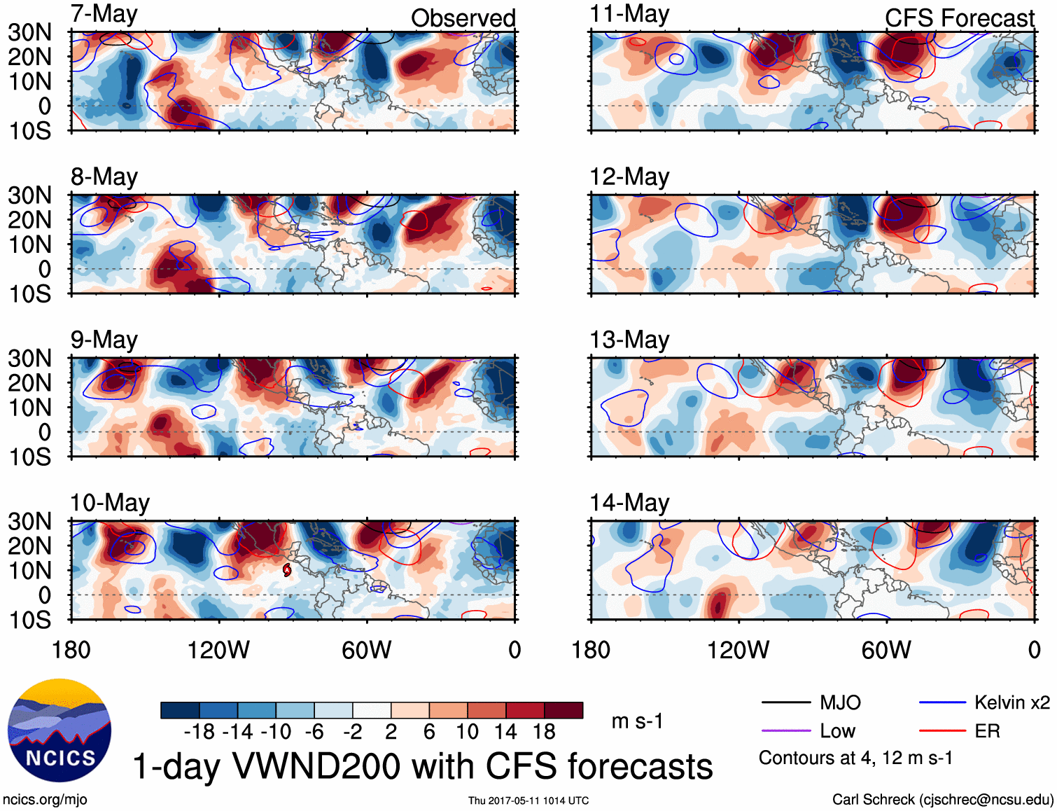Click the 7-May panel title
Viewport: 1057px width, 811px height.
(104, 15)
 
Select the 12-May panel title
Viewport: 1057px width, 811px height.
(629, 177)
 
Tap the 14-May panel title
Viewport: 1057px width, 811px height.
(629, 503)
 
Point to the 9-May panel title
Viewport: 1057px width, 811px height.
(104, 340)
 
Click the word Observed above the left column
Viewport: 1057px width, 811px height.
(463, 18)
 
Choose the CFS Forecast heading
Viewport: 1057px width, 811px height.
(959, 18)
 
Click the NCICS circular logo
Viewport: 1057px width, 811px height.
(59, 730)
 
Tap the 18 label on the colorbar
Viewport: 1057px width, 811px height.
(544, 732)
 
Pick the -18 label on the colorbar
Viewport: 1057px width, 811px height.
(199, 732)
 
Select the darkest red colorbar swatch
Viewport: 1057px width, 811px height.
(563, 710)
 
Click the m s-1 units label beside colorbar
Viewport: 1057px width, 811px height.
(637, 721)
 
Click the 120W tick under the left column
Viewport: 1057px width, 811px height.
(218, 650)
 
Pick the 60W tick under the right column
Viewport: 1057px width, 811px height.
(886, 650)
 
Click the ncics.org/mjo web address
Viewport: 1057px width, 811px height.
(45, 800)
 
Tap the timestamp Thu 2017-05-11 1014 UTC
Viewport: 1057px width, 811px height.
(528, 800)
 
